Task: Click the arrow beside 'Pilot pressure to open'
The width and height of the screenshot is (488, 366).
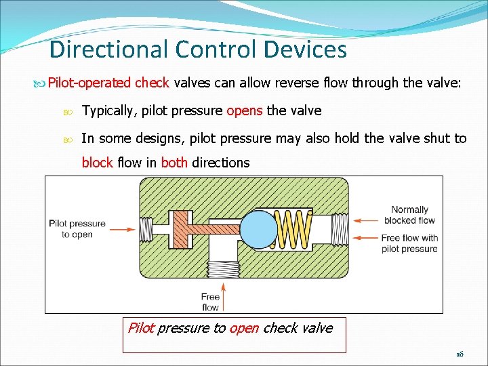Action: (x=122, y=229)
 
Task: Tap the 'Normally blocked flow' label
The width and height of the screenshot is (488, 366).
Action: (x=409, y=215)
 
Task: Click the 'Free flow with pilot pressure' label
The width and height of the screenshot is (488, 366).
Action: (x=409, y=243)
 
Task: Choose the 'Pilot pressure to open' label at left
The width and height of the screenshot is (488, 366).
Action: (x=77, y=229)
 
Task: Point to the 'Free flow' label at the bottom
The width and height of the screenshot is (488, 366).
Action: (x=210, y=302)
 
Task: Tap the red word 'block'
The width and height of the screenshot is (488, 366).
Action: (x=98, y=163)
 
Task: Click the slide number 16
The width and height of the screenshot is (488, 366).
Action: (x=459, y=354)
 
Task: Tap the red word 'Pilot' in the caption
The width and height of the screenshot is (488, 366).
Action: (x=141, y=328)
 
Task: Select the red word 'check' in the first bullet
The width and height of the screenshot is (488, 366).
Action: (x=152, y=83)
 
